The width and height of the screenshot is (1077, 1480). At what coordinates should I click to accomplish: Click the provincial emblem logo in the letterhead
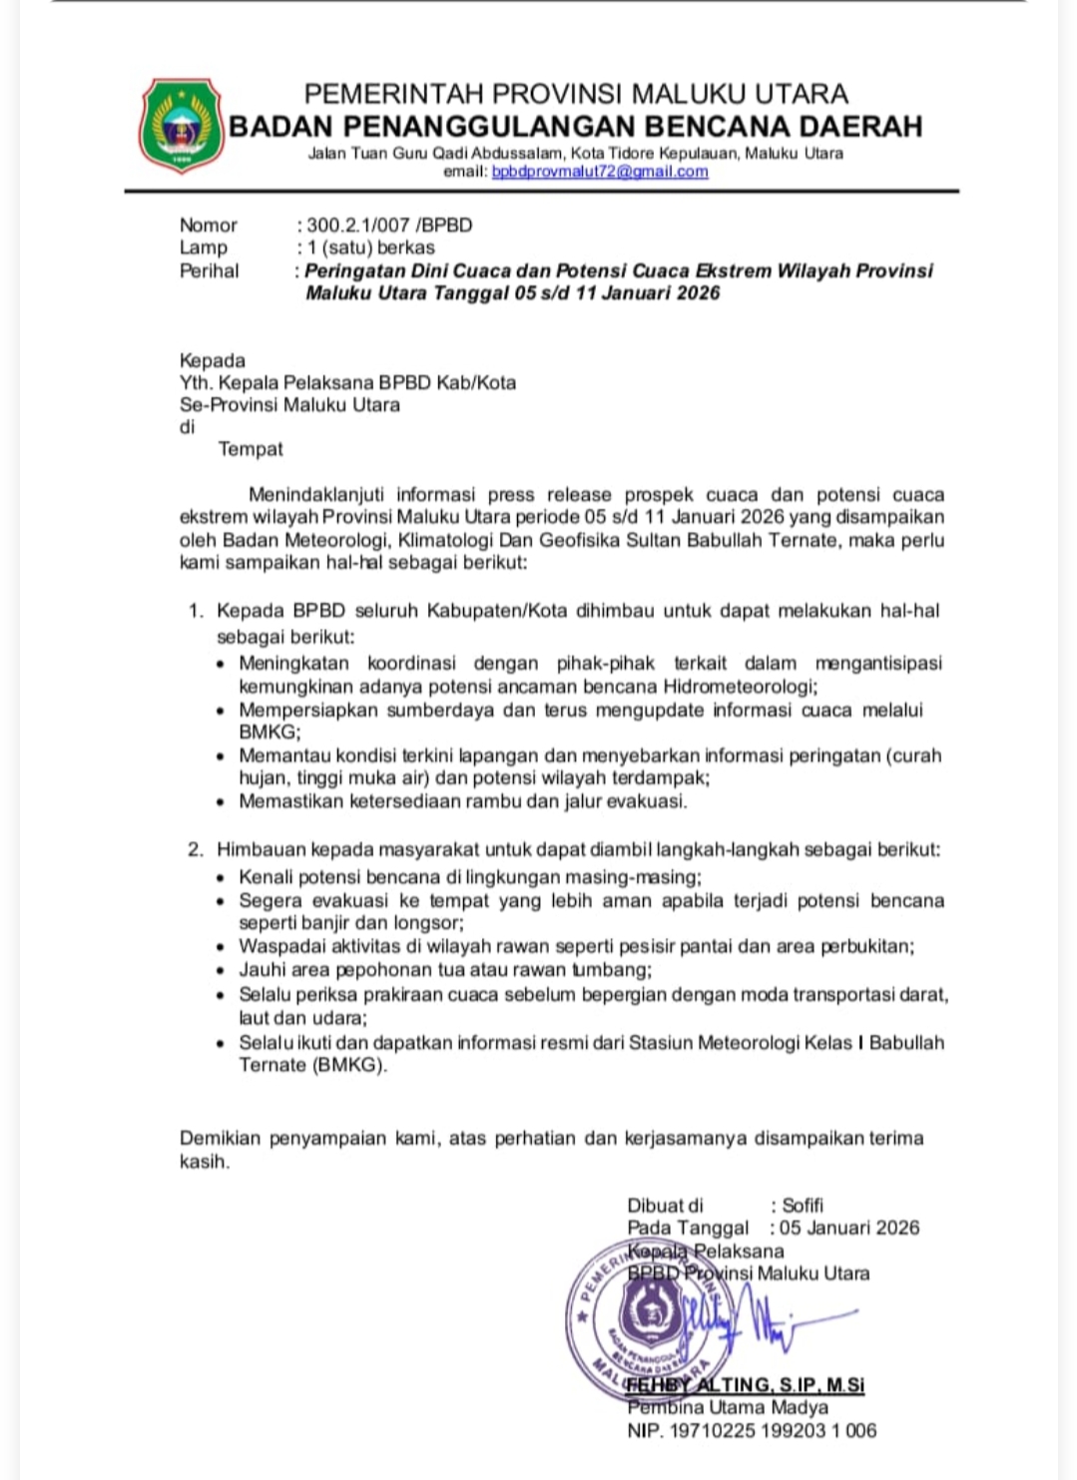tap(181, 126)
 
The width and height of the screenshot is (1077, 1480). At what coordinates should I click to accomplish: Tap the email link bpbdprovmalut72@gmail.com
tap(600, 172)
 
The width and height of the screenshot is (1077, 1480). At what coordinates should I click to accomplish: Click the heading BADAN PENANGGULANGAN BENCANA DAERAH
tap(576, 127)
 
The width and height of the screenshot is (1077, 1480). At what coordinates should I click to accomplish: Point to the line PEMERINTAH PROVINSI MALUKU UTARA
tap(576, 94)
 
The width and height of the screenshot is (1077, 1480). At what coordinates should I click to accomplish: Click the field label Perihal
tap(209, 270)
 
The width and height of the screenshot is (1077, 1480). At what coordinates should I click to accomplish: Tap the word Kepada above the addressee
tap(212, 360)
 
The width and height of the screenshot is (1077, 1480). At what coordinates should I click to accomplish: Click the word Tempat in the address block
tap(251, 449)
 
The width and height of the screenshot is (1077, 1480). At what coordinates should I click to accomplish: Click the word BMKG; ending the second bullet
tap(269, 732)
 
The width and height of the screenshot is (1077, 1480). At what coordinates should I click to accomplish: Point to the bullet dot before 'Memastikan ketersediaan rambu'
tap(221, 802)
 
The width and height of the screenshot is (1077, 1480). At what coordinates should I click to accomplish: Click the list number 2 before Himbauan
tap(196, 850)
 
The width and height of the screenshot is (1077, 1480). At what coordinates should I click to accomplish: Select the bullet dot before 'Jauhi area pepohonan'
tap(221, 971)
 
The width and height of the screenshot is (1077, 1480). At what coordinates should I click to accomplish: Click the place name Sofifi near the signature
tap(803, 1206)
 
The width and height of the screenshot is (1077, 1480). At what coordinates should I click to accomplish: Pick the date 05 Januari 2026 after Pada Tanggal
tap(849, 1228)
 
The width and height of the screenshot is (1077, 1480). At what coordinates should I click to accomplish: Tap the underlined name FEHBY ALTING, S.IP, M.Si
tap(746, 1385)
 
